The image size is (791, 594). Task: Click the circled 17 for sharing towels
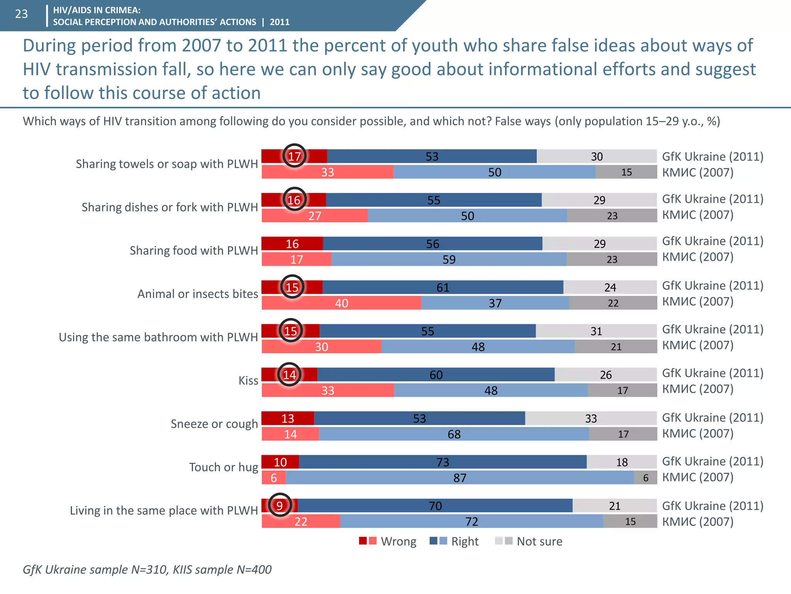pos(294,156)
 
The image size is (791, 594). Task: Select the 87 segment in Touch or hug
pos(460,478)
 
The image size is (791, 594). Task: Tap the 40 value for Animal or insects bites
pos(341,303)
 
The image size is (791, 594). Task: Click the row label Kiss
pos(248,381)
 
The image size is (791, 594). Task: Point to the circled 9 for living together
pos(279,505)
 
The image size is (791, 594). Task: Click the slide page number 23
pos(22,14)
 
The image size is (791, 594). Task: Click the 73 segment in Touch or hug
pos(443,462)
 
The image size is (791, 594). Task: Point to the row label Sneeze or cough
pos(214,424)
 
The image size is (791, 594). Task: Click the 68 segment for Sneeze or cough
pos(454,434)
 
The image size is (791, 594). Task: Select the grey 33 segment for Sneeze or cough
pos(591,418)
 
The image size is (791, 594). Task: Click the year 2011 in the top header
pos(280,22)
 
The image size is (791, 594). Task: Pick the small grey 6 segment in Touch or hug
pos(645,478)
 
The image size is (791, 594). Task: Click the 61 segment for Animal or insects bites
pos(443,287)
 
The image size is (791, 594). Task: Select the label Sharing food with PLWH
pos(194,251)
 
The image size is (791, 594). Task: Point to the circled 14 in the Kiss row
pos(289,375)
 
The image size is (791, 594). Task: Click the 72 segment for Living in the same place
pos(472,522)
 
